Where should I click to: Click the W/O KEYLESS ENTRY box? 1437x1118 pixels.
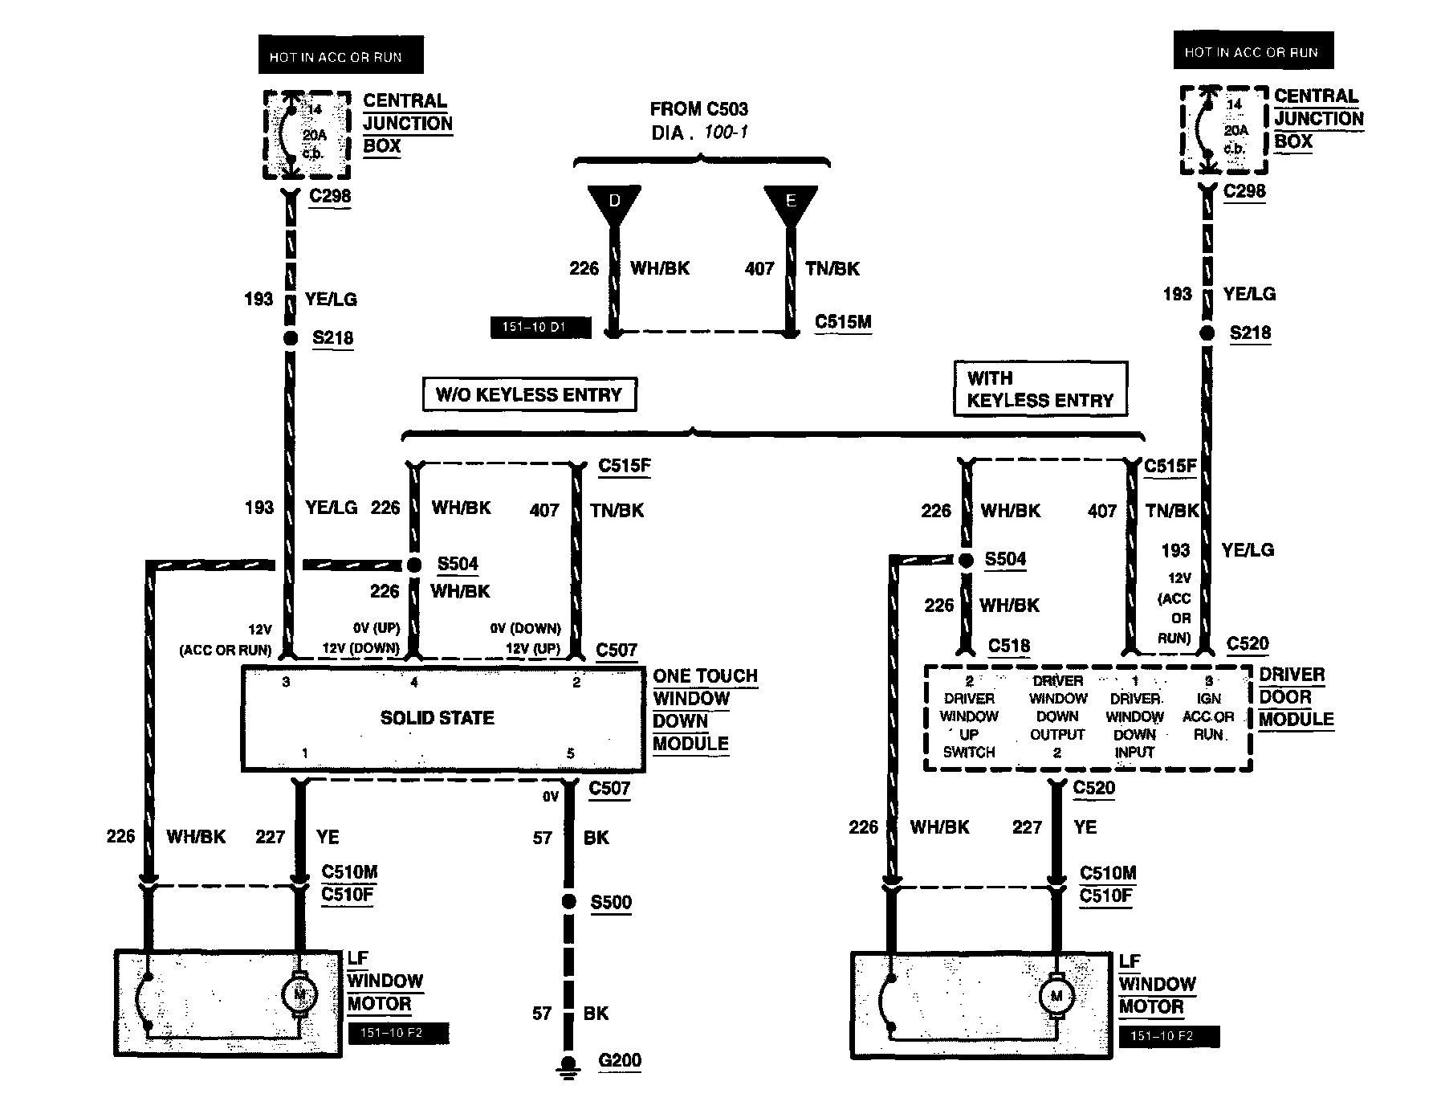(x=529, y=395)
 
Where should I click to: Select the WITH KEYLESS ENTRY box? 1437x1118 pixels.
(x=1040, y=390)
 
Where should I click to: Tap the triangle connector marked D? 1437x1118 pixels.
(x=614, y=204)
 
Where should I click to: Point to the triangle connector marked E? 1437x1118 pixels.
(x=791, y=204)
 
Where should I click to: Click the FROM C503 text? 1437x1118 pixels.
(x=698, y=109)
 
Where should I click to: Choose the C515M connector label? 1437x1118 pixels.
(x=843, y=322)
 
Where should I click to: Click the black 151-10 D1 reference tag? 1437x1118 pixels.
(x=539, y=328)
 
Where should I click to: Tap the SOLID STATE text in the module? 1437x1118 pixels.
(x=438, y=718)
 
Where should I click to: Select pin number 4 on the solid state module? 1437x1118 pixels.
(x=414, y=683)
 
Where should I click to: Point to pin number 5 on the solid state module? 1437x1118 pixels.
(x=571, y=753)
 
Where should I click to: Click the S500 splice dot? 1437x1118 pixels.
(x=569, y=902)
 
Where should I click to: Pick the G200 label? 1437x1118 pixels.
(x=620, y=1060)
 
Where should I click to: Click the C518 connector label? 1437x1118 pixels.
(x=1009, y=646)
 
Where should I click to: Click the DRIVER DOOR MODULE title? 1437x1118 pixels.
(x=1296, y=697)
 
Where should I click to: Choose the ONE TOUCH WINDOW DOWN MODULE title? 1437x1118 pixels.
(x=704, y=710)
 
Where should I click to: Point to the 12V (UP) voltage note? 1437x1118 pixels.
(x=532, y=648)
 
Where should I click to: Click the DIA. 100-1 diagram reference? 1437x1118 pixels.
(x=698, y=133)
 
